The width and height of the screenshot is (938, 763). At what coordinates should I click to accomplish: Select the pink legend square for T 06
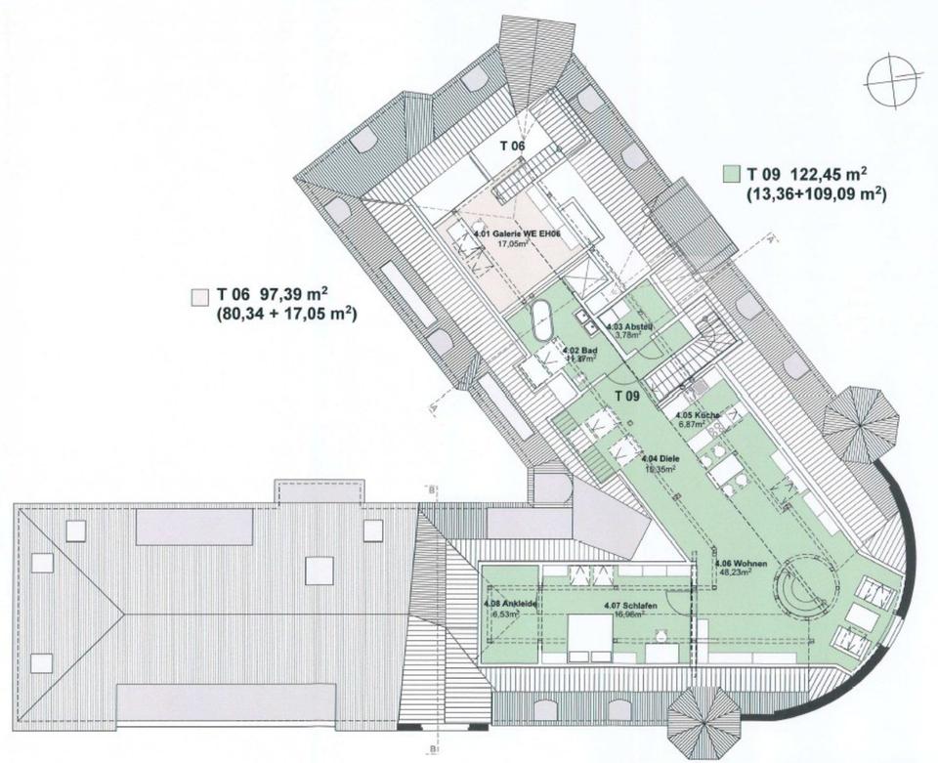click(x=200, y=294)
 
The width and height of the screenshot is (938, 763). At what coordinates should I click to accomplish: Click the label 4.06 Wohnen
click(x=740, y=564)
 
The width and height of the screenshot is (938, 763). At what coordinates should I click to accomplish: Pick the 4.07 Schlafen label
click(x=629, y=607)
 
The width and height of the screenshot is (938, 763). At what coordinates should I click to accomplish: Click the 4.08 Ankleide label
click(x=504, y=604)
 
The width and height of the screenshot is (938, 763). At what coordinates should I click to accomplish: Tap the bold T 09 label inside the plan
click(x=627, y=395)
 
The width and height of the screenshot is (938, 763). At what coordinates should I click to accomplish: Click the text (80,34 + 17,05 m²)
click(x=285, y=315)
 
